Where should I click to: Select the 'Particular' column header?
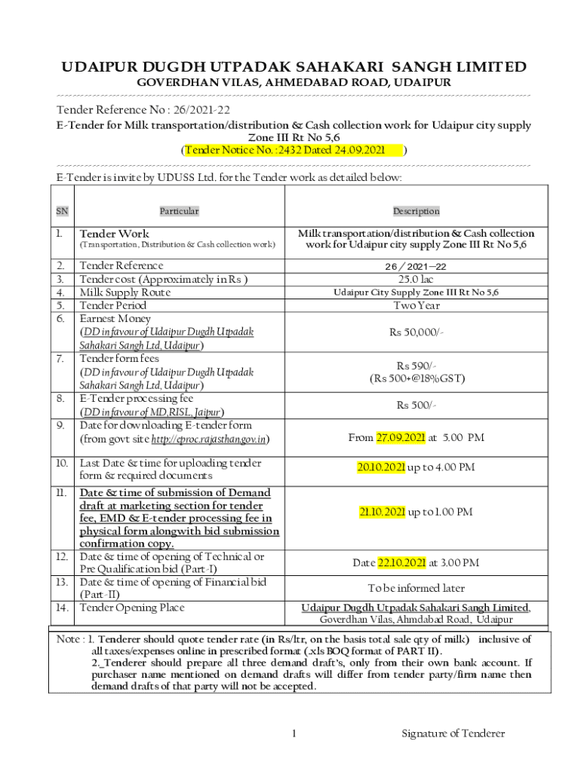tap(179, 211)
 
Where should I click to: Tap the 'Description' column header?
tap(416, 211)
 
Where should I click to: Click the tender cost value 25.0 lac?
tap(416, 279)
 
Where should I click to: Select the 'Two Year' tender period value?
tap(416, 305)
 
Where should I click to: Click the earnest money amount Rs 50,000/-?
tap(416, 332)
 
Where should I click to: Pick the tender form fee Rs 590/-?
tap(416, 365)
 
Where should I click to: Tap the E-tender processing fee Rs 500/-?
tap(416, 406)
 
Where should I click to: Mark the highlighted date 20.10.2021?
tap(381, 467)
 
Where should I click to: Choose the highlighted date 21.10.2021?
tap(383, 513)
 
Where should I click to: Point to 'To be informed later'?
tap(416, 588)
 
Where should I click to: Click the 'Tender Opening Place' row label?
tap(132, 608)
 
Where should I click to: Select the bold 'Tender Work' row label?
tap(115, 234)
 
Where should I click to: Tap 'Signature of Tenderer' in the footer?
tap(453, 733)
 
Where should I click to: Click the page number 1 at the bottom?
tap(295, 733)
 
